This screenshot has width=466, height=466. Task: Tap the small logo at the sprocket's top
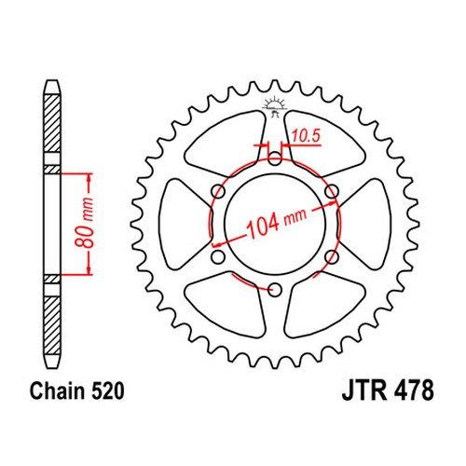pyautogui.click(x=274, y=104)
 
